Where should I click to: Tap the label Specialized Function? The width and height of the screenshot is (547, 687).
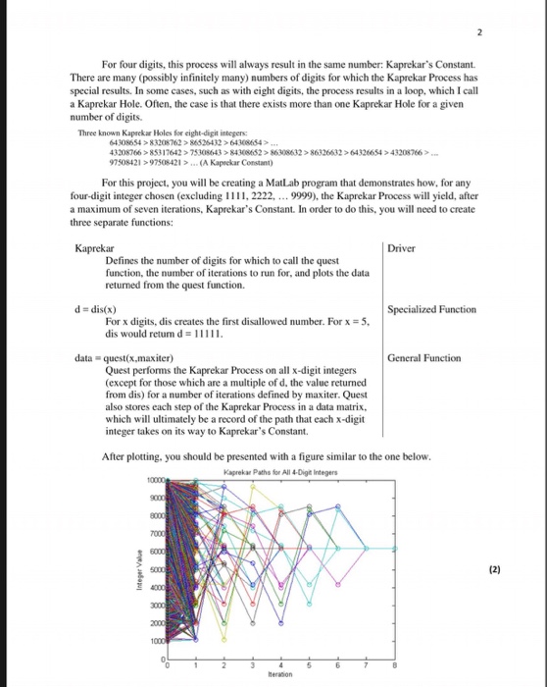[x=431, y=309]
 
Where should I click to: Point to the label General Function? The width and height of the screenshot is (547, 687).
[x=423, y=358]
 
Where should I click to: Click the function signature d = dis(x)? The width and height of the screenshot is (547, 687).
[x=100, y=309]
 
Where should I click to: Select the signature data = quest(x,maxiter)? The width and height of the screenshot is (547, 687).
[x=124, y=358]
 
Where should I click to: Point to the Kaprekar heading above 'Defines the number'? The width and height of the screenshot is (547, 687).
[x=94, y=248]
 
